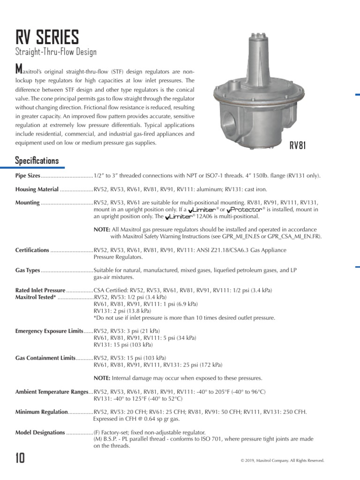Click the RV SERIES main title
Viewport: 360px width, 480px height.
pyautogui.click(x=47, y=37)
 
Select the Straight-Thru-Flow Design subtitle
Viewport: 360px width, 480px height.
pyautogui.click(x=56, y=52)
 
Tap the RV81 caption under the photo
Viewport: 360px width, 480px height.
pyautogui.click(x=297, y=145)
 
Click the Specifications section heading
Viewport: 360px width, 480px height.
pyautogui.click(x=37, y=161)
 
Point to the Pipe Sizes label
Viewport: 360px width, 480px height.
pyautogui.click(x=28, y=176)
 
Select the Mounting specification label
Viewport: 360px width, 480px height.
pyautogui.click(x=28, y=203)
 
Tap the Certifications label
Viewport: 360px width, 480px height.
pyautogui.click(x=32, y=250)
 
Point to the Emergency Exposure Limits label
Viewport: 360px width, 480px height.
pyautogui.click(x=49, y=331)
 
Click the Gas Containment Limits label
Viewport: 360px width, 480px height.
pyautogui.click(x=45, y=358)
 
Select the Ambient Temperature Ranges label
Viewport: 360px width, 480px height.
pyautogui.click(x=52, y=392)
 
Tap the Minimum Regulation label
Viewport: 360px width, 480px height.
pyautogui.click(x=42, y=412)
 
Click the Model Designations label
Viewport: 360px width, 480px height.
pyautogui.click(x=40, y=433)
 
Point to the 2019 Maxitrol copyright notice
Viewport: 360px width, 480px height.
pyautogui.click(x=282, y=461)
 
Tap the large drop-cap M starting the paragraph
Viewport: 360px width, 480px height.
pyautogui.click(x=19, y=70)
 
